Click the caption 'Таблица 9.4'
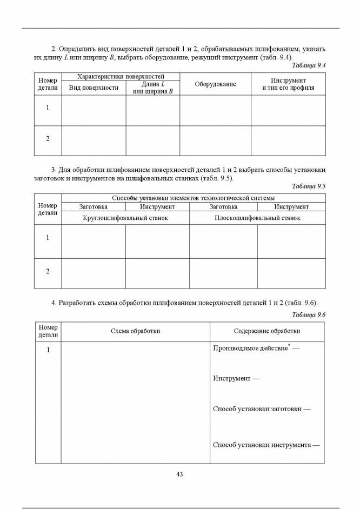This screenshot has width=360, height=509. point(308,65)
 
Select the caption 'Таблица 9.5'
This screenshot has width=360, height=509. point(308,186)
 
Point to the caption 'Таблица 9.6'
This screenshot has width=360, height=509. point(308,314)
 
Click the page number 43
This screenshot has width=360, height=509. point(180,474)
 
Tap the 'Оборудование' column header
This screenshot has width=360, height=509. point(215,84)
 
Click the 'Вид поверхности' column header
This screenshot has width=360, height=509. point(94,88)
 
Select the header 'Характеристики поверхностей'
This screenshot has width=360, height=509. point(121,77)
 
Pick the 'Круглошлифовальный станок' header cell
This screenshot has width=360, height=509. point(125,218)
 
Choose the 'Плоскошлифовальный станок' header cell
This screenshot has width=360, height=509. point(257,218)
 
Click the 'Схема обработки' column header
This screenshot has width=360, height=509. point(135,331)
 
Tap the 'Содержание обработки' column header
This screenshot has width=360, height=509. point(267,331)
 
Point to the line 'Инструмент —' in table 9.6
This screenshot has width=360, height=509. point(236,379)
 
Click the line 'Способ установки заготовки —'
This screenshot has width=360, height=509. point(262,409)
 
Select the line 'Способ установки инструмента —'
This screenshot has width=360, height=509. point(266,445)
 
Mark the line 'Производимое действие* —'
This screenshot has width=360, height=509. point(256,349)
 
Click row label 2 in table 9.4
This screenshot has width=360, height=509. point(48,139)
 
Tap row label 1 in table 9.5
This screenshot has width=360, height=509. point(48,238)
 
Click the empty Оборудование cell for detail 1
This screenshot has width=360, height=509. point(215,110)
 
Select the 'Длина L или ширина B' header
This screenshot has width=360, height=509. point(153,88)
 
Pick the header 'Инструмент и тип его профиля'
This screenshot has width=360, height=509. point(288,84)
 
